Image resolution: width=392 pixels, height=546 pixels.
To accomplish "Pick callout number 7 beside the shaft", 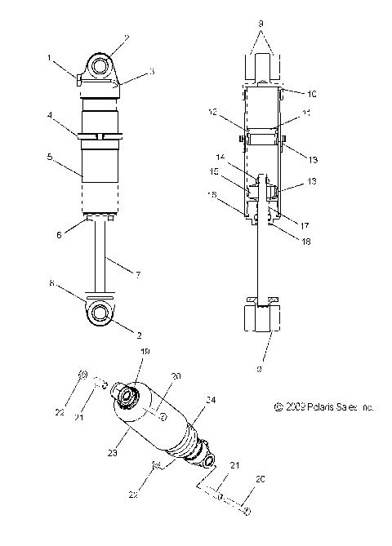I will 136,275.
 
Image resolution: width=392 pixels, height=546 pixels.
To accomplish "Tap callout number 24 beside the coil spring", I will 210,400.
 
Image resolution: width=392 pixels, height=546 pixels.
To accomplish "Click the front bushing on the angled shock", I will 128,396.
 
